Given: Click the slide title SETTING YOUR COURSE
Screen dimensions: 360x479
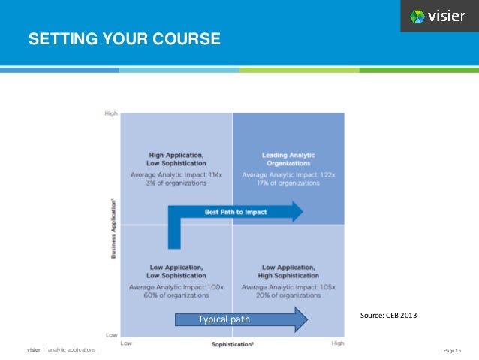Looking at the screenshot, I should (124, 38).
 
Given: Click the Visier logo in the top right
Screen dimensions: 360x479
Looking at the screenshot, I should (438, 16).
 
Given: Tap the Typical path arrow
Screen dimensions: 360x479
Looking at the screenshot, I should (240, 319).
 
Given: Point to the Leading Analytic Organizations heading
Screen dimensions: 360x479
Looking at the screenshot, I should (288, 159).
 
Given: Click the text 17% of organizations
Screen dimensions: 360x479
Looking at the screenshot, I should (288, 183).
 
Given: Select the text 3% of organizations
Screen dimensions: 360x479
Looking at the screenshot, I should (176, 183).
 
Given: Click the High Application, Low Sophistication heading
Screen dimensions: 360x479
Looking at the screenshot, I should (176, 159).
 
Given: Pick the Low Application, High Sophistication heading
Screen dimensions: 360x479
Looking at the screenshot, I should (288, 271).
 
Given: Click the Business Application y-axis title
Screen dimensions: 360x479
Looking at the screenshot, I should (112, 225).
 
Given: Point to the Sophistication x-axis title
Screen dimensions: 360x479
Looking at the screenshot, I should (232, 344).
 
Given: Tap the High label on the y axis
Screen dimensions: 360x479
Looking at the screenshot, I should (111, 113).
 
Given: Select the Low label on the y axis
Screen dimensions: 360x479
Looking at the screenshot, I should (111, 334).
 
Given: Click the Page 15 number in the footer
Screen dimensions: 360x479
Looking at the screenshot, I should (453, 350).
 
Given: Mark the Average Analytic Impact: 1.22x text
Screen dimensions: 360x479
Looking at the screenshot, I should (288, 174).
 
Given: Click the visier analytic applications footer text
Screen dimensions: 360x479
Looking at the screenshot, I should (62, 350).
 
